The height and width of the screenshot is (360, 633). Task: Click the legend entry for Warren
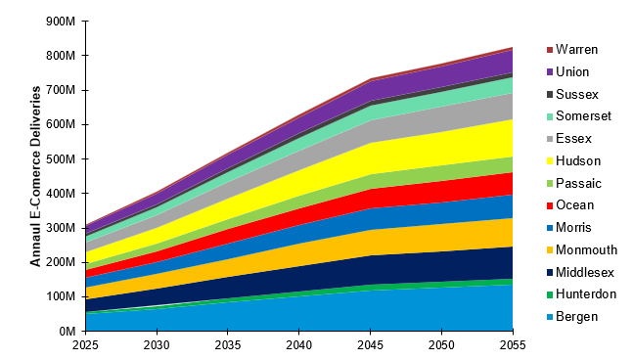pyautogui.click(x=576, y=49)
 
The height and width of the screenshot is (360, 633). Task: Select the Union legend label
pyautogui.click(x=573, y=71)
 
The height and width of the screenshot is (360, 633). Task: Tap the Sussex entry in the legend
pyautogui.click(x=576, y=94)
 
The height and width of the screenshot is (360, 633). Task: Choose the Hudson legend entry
pyautogui.click(x=577, y=160)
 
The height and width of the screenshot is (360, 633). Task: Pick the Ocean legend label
pyautogui.click(x=575, y=205)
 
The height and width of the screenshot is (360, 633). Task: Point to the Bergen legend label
pyautogui.click(x=577, y=317)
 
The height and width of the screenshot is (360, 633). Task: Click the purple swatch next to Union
pyautogui.click(x=549, y=71)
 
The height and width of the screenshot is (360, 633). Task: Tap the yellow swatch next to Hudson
pyautogui.click(x=549, y=160)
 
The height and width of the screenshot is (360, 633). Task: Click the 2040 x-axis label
pyautogui.click(x=299, y=345)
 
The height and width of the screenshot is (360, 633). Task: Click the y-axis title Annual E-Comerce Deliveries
pyautogui.click(x=35, y=176)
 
